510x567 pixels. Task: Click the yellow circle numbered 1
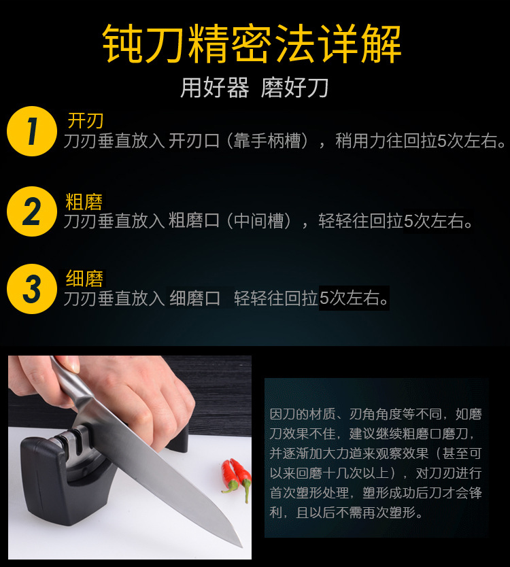coord(31,131)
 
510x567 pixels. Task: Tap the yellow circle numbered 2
coord(31,211)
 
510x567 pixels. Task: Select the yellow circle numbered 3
coord(31,289)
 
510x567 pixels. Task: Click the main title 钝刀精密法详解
coord(252,44)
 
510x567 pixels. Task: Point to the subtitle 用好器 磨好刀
coord(254,88)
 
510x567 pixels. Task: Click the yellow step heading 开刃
coord(85,121)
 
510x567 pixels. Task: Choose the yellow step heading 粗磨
coord(84,201)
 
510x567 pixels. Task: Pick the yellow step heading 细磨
coord(84,279)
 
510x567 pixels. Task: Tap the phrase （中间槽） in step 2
coord(262,222)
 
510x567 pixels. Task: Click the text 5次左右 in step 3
coord(354,298)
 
